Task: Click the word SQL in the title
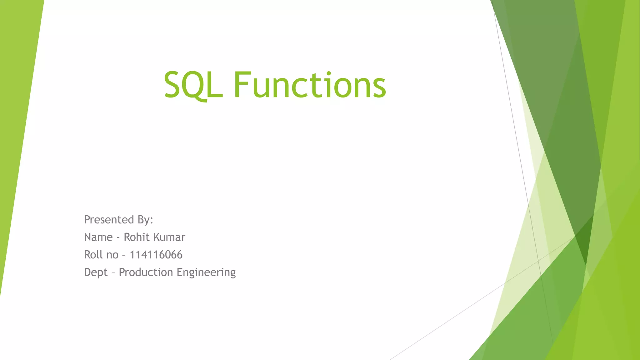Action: coord(193,85)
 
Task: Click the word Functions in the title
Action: coord(309,85)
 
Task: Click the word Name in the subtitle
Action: coord(98,237)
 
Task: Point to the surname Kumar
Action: coord(170,237)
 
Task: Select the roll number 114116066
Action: coord(156,255)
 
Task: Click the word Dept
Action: coord(96,272)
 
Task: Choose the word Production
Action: coord(146,272)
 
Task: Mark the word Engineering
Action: coord(206,272)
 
